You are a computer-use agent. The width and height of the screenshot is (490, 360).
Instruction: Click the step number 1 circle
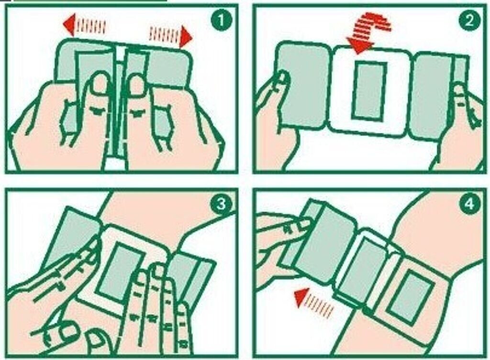[221, 20]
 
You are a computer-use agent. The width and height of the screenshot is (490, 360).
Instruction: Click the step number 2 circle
[469, 20]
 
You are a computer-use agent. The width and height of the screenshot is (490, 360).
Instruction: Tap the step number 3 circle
[221, 205]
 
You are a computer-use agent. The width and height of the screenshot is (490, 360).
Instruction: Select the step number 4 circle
[469, 205]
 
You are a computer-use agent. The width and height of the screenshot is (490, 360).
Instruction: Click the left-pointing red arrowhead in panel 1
[69, 24]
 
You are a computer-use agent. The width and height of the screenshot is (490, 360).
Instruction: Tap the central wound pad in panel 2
[369, 90]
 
